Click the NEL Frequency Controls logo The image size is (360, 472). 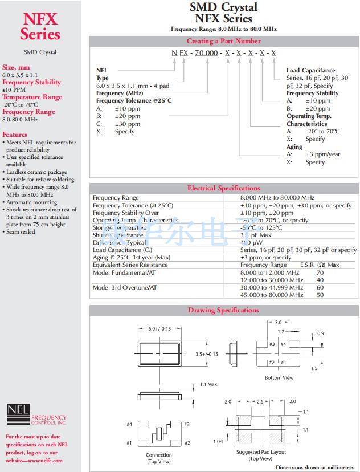[36, 415]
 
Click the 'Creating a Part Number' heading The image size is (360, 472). [223, 41]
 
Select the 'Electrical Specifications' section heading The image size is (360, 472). [223, 188]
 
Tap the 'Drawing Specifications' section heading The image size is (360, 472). [223, 310]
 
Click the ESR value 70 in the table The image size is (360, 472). [320, 273]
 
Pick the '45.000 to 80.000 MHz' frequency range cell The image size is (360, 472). [271, 295]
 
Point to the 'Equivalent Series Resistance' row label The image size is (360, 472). [130, 265]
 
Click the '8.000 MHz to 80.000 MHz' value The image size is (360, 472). [277, 198]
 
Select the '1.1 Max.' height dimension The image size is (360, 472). [209, 385]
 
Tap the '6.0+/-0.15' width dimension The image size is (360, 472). [159, 329]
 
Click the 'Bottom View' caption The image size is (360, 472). [279, 378]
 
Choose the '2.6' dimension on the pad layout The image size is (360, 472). [260, 402]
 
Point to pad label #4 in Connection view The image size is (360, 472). [130, 424]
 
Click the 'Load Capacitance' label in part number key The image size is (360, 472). [310, 71]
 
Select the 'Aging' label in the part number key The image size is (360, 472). [294, 147]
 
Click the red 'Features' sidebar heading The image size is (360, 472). [15, 135]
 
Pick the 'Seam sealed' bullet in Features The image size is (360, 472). [21, 232]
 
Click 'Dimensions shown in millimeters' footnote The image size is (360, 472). [314, 467]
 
